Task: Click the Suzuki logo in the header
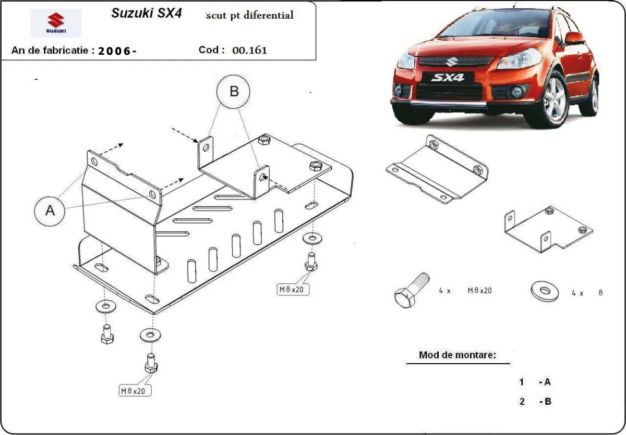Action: coord(56,23)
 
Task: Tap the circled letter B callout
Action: coord(234,92)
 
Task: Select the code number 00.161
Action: coord(249,51)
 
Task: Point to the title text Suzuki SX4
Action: coord(147,14)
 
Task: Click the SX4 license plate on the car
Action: coord(447,78)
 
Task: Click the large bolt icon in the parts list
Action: coord(410,291)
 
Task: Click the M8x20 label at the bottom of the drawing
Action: coord(133,390)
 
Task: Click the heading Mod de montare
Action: coord(457,355)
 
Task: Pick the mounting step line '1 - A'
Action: coord(535,382)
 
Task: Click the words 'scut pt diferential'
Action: coord(250,15)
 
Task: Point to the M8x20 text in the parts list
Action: coord(479,291)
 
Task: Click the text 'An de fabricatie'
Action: coord(52,51)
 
